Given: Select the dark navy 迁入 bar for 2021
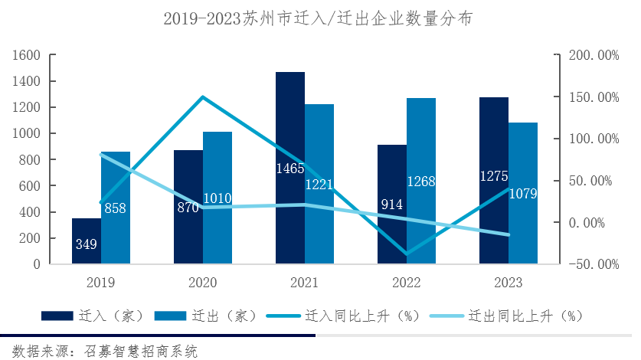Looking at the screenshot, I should click(290, 123).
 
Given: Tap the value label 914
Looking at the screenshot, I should click(392, 205).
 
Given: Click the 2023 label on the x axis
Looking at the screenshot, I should click(508, 283).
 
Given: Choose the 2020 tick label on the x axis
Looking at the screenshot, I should click(203, 283).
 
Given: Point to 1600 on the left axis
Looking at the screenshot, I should click(27, 55).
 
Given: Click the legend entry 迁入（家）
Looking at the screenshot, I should click(84, 316).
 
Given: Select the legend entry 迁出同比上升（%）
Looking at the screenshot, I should click(505, 316).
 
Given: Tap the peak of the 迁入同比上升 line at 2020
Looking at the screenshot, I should click(203, 97).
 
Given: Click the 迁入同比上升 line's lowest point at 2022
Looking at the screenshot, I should click(407, 254).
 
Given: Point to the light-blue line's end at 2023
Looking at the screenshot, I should click(508, 235).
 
